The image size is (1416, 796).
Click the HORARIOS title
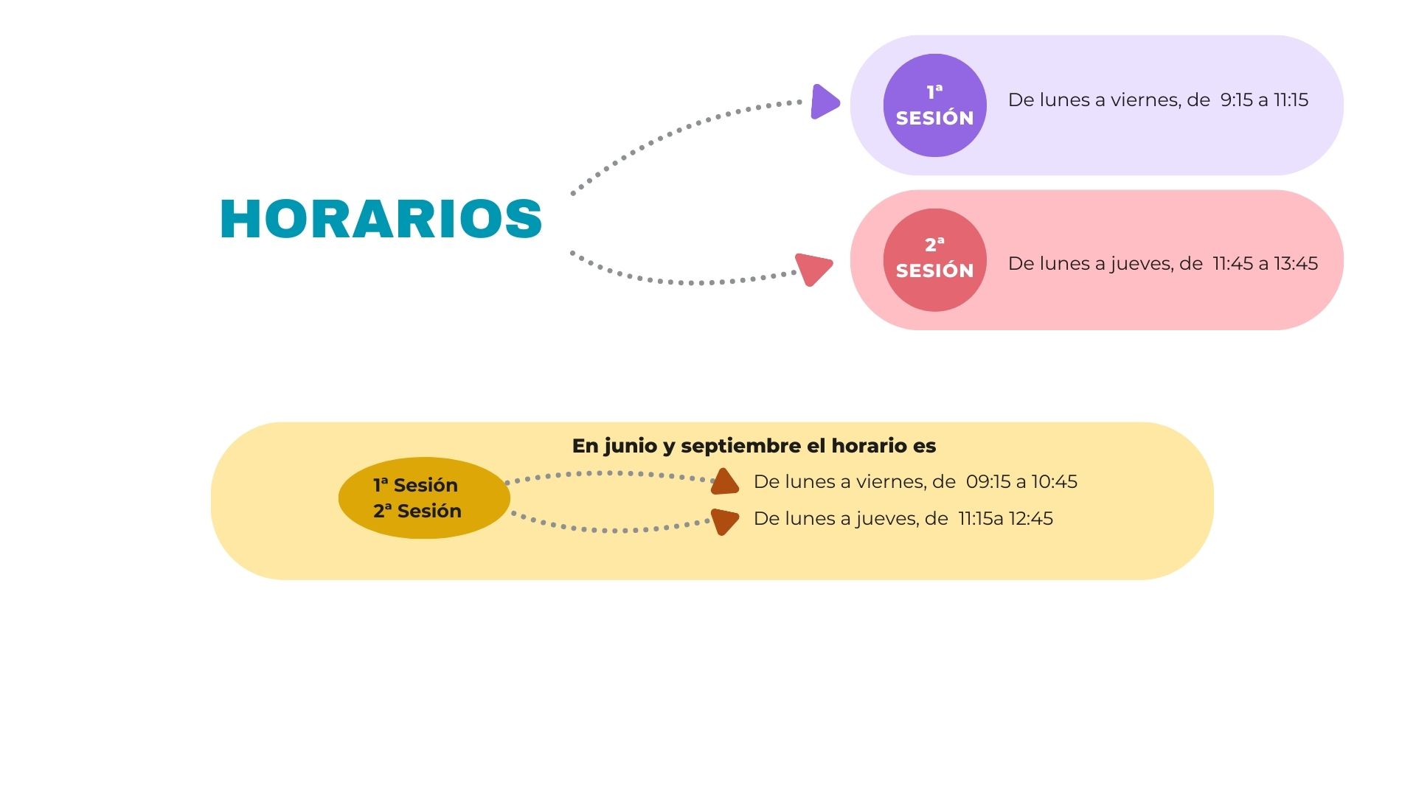click(381, 219)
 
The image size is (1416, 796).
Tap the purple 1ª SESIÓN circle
click(934, 105)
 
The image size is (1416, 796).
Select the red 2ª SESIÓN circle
click(934, 259)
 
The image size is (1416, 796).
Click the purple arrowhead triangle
click(824, 102)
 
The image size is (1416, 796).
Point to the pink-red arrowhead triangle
click(814, 268)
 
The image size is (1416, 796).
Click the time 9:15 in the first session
click(1236, 100)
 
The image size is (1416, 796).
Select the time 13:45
click(1296, 264)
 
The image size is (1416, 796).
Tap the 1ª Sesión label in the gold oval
click(415, 485)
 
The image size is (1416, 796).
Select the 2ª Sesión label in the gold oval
click(417, 511)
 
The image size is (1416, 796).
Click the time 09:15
click(988, 482)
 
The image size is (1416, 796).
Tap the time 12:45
click(1030, 519)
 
